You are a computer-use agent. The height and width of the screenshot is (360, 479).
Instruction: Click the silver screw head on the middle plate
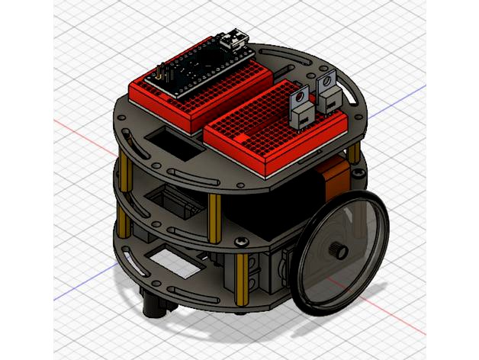click(x=243, y=242)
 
